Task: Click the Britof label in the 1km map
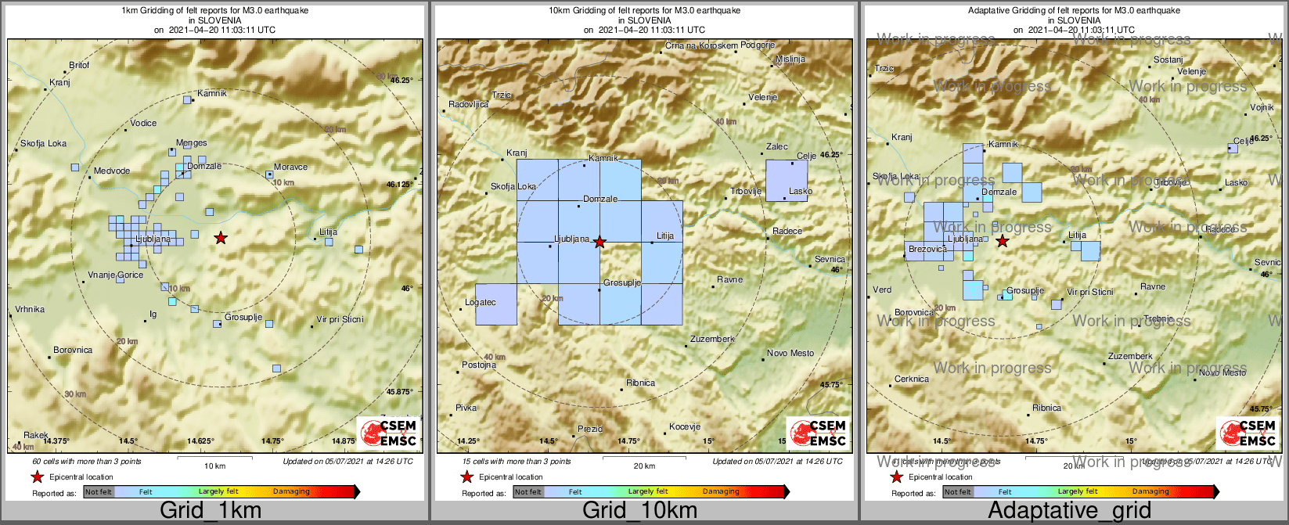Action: tap(80, 66)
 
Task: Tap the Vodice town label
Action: tap(143, 123)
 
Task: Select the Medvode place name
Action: tap(112, 171)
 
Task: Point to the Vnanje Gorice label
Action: tap(115, 275)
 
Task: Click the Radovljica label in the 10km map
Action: tap(468, 105)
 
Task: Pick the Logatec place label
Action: tap(481, 302)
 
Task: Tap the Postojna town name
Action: tap(479, 365)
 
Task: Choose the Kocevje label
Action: tap(684, 427)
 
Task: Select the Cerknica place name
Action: tap(912, 379)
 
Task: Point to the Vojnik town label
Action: tap(1262, 107)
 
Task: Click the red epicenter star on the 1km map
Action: tap(221, 238)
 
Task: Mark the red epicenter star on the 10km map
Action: tap(599, 243)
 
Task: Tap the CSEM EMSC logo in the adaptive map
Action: tap(1248, 433)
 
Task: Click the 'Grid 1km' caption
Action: tap(211, 511)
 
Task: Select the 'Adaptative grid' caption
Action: tap(1069, 511)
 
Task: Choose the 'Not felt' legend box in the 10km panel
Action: tap(528, 492)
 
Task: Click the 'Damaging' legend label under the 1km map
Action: tap(291, 492)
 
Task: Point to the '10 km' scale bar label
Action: tap(214, 466)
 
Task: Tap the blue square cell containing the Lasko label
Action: tap(786, 181)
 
